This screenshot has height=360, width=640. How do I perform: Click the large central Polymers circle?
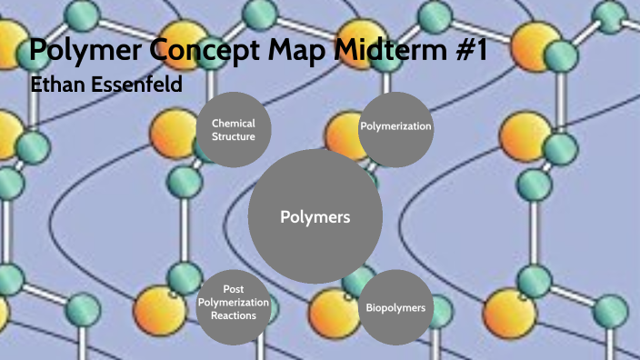pyautogui.click(x=315, y=216)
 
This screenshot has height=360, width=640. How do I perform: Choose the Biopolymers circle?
pyautogui.click(x=395, y=306)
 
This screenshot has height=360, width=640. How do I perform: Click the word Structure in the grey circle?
pyautogui.click(x=234, y=137)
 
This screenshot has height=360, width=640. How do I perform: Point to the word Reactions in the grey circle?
pyautogui.click(x=233, y=315)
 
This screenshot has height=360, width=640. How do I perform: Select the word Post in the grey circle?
pyautogui.click(x=233, y=289)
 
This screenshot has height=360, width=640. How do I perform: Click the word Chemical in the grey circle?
pyautogui.click(x=234, y=124)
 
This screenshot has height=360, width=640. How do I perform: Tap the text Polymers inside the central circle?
pyautogui.click(x=315, y=217)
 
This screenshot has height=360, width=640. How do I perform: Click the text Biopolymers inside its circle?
pyautogui.click(x=395, y=308)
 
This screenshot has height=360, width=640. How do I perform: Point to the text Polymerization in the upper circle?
pyautogui.click(x=395, y=126)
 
